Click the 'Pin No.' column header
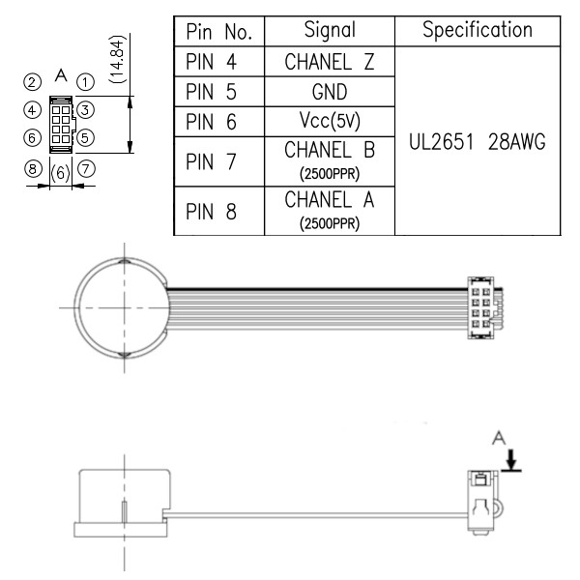(x=219, y=32)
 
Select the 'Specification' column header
(x=478, y=30)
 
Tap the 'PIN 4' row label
(x=211, y=62)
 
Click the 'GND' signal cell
(x=330, y=92)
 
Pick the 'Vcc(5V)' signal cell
(x=330, y=122)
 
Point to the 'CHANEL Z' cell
(x=330, y=62)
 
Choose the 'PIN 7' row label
(x=211, y=161)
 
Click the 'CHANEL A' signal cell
(x=330, y=211)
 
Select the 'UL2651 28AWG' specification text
(x=478, y=142)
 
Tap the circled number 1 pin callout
(x=85, y=82)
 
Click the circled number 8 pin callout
(x=33, y=169)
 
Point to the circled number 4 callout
(x=32, y=110)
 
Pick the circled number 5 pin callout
(x=85, y=138)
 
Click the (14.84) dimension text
(x=118, y=59)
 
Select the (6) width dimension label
(x=60, y=173)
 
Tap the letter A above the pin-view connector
(x=61, y=75)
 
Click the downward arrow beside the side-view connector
(x=511, y=460)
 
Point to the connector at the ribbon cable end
(x=483, y=307)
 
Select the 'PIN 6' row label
(x=211, y=122)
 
